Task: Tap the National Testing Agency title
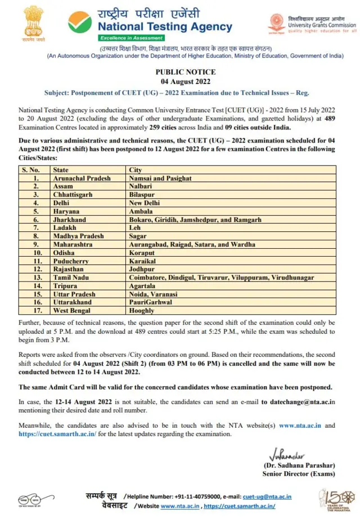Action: pyautogui.click(x=165, y=26)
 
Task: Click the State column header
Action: pyautogui.click(x=61, y=169)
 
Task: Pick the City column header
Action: pyautogui.click(x=136, y=169)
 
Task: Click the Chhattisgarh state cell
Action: pyautogui.click(x=73, y=194)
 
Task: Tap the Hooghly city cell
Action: pyautogui.click(x=142, y=311)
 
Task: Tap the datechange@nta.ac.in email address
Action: pyautogui.click(x=298, y=401)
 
